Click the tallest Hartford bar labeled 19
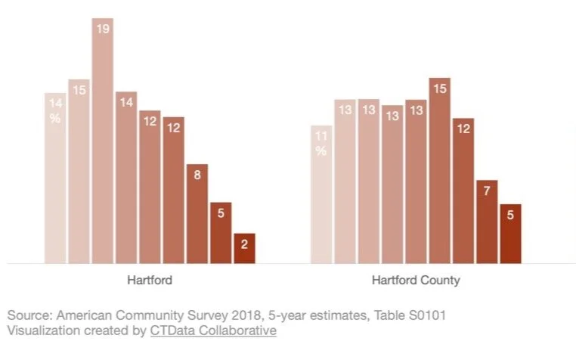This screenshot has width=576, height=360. [103, 144]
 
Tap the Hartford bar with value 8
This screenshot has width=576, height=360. [197, 216]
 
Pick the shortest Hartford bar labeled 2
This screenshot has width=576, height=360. [244, 249]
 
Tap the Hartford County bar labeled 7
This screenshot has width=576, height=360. [487, 222]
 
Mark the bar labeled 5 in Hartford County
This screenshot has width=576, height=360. [510, 234]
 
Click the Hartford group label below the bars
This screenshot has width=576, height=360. [150, 281]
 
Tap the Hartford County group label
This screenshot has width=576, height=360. [416, 281]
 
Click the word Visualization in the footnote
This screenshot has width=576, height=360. [42, 331]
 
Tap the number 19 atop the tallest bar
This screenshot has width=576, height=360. [103, 29]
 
